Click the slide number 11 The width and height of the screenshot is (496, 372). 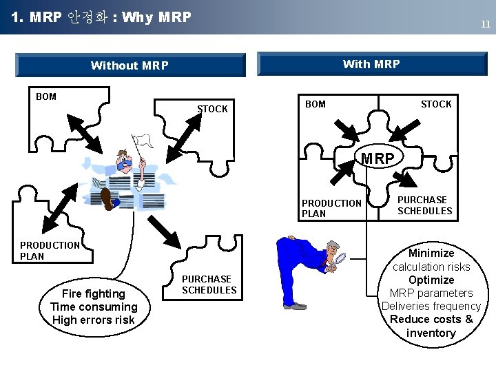485,24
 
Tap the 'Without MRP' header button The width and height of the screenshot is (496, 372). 130,65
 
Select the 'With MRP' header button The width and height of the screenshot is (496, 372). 371,64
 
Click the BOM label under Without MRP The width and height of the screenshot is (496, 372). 46,96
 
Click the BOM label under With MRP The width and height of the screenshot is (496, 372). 315,104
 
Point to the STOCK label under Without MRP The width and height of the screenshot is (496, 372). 212,109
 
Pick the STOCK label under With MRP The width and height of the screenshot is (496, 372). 436,104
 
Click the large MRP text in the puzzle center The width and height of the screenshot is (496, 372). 378,159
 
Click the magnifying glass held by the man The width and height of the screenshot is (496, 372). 340,260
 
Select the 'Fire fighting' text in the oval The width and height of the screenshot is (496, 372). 94,293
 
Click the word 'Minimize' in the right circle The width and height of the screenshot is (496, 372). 431,253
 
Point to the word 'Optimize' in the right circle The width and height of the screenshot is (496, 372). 431,280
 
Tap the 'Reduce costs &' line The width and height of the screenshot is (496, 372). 431,319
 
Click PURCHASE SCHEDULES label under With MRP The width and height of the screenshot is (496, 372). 424,205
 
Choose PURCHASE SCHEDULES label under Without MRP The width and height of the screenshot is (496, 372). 209,285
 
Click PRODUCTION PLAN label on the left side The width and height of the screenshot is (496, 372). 50,250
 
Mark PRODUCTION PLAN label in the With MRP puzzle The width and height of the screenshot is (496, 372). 331,208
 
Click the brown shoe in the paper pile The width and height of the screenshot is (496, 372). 107,198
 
